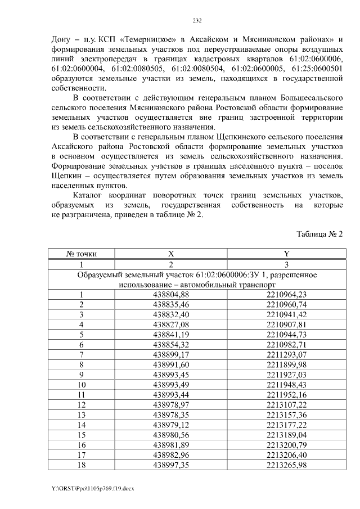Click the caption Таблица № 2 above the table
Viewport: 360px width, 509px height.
coord(319,233)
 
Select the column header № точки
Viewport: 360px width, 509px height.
coord(82,254)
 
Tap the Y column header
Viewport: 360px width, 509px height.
coord(286,254)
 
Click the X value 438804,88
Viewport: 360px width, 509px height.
coord(171,295)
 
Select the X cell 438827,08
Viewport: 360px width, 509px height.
coord(171,325)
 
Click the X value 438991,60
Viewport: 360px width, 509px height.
coord(171,364)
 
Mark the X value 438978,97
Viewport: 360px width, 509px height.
coord(171,405)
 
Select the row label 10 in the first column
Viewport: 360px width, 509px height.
coord(82,385)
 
